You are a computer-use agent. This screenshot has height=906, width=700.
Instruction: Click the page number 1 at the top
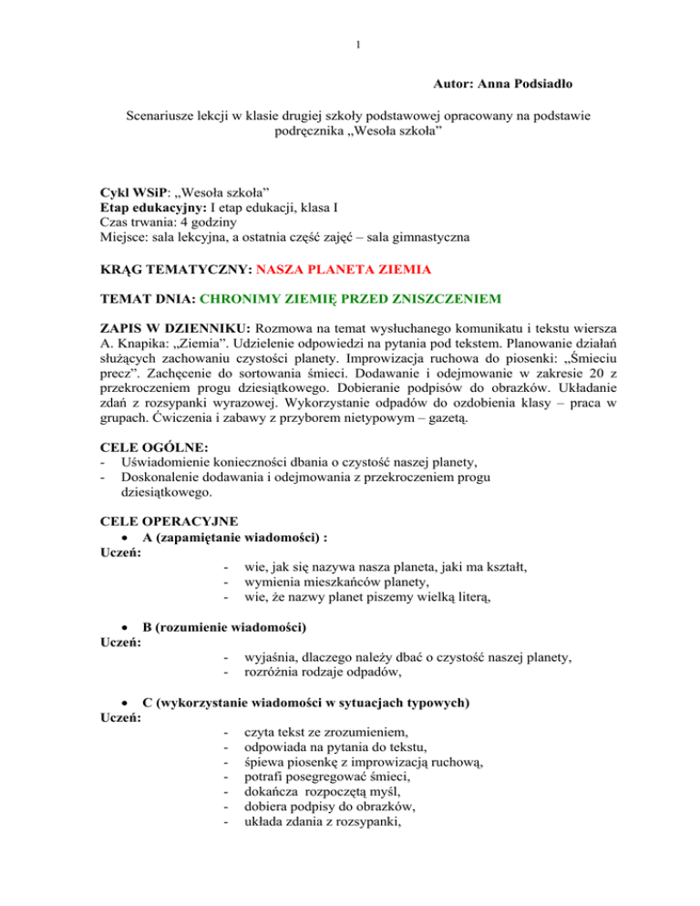(x=350, y=18)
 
